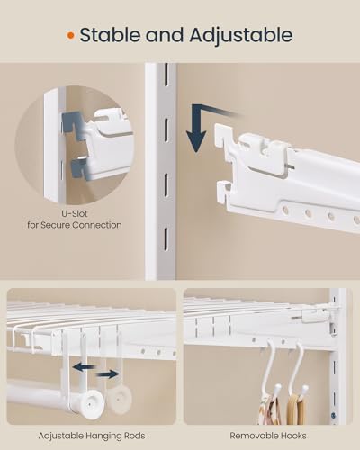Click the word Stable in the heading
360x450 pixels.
(114, 36)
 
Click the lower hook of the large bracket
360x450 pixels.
(226, 192)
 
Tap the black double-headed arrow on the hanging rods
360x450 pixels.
(94, 371)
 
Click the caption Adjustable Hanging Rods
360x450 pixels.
(90, 436)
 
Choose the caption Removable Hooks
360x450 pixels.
(267, 436)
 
